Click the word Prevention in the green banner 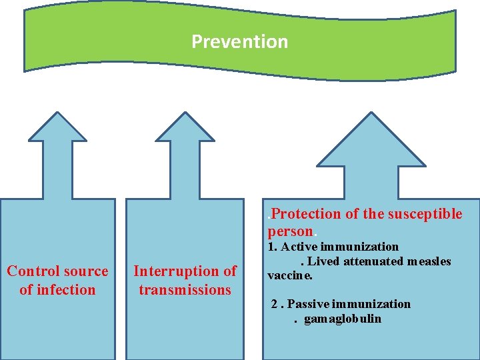pos(239,41)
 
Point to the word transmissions pos(185,289)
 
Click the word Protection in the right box pos(305,214)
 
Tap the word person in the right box pos(290,231)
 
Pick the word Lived pos(323,261)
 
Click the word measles pos(434,261)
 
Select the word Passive pos(309,304)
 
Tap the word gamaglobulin pos(343,319)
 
